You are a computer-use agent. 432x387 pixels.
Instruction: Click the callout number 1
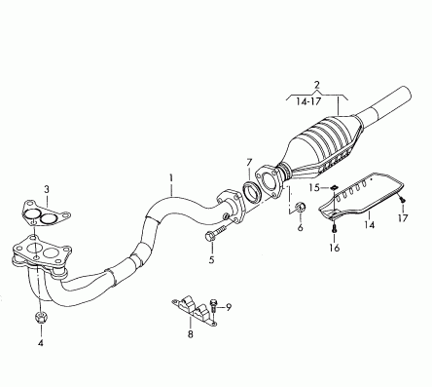click(171, 178)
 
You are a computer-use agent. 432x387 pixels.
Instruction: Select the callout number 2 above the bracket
click(317, 85)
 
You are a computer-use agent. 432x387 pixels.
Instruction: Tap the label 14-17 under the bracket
click(308, 101)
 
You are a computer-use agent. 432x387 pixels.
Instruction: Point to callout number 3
click(47, 189)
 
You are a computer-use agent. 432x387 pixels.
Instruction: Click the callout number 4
click(41, 342)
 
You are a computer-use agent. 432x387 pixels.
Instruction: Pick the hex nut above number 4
click(41, 317)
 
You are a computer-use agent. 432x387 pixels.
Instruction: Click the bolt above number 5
click(215, 234)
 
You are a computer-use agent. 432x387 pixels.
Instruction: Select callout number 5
click(211, 259)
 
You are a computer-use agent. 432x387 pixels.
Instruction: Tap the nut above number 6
click(301, 207)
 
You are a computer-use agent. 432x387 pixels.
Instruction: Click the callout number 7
click(249, 162)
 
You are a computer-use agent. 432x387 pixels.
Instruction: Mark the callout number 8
click(190, 333)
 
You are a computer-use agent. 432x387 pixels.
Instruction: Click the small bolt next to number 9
click(213, 306)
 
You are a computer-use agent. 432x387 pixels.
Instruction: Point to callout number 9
click(229, 307)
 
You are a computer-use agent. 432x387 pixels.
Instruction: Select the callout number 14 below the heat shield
click(369, 224)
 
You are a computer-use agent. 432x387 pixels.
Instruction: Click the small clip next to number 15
click(333, 187)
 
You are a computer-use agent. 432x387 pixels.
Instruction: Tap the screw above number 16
click(335, 228)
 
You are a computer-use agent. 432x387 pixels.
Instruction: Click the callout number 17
click(403, 217)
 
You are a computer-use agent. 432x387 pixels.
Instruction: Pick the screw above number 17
click(403, 200)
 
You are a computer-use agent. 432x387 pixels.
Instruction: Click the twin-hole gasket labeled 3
click(46, 214)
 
